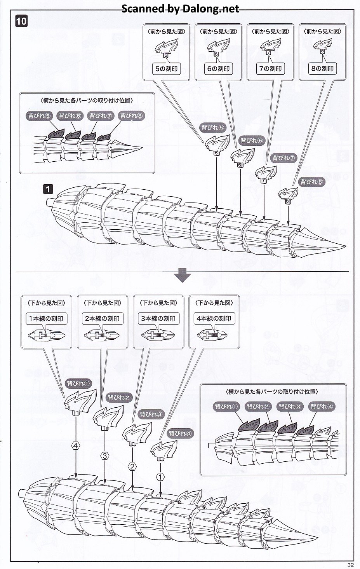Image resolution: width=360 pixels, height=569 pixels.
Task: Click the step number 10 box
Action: pyautogui.click(x=21, y=21)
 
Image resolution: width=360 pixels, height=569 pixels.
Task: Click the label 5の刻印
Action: pyautogui.click(x=166, y=69)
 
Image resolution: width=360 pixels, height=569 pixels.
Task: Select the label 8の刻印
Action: pyautogui.click(x=322, y=69)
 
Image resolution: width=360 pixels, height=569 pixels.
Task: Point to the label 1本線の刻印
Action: pyautogui.click(x=46, y=318)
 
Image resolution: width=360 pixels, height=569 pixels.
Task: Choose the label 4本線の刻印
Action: pyautogui.click(x=214, y=318)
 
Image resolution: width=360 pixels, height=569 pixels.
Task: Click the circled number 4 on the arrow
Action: pyautogui.click(x=76, y=446)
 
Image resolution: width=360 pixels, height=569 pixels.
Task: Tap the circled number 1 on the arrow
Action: pyautogui.click(x=160, y=476)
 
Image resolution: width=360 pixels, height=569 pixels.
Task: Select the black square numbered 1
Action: pyautogui.click(x=48, y=189)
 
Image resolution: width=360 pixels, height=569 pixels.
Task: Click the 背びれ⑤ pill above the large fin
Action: pyautogui.click(x=213, y=127)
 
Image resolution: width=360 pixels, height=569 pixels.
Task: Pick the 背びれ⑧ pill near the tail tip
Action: pyautogui.click(x=311, y=182)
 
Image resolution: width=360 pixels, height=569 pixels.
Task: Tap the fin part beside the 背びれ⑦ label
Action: pyautogui.click(x=266, y=174)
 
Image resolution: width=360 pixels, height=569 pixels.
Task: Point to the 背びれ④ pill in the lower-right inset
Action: pyautogui.click(x=322, y=407)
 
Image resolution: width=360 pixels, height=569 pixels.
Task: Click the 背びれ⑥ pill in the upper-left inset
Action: pyautogui.click(x=70, y=116)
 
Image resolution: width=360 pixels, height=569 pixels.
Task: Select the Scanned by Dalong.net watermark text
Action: pyautogui.click(x=180, y=9)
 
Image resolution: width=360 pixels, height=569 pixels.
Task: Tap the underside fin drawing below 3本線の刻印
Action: pyautogui.click(x=158, y=335)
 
